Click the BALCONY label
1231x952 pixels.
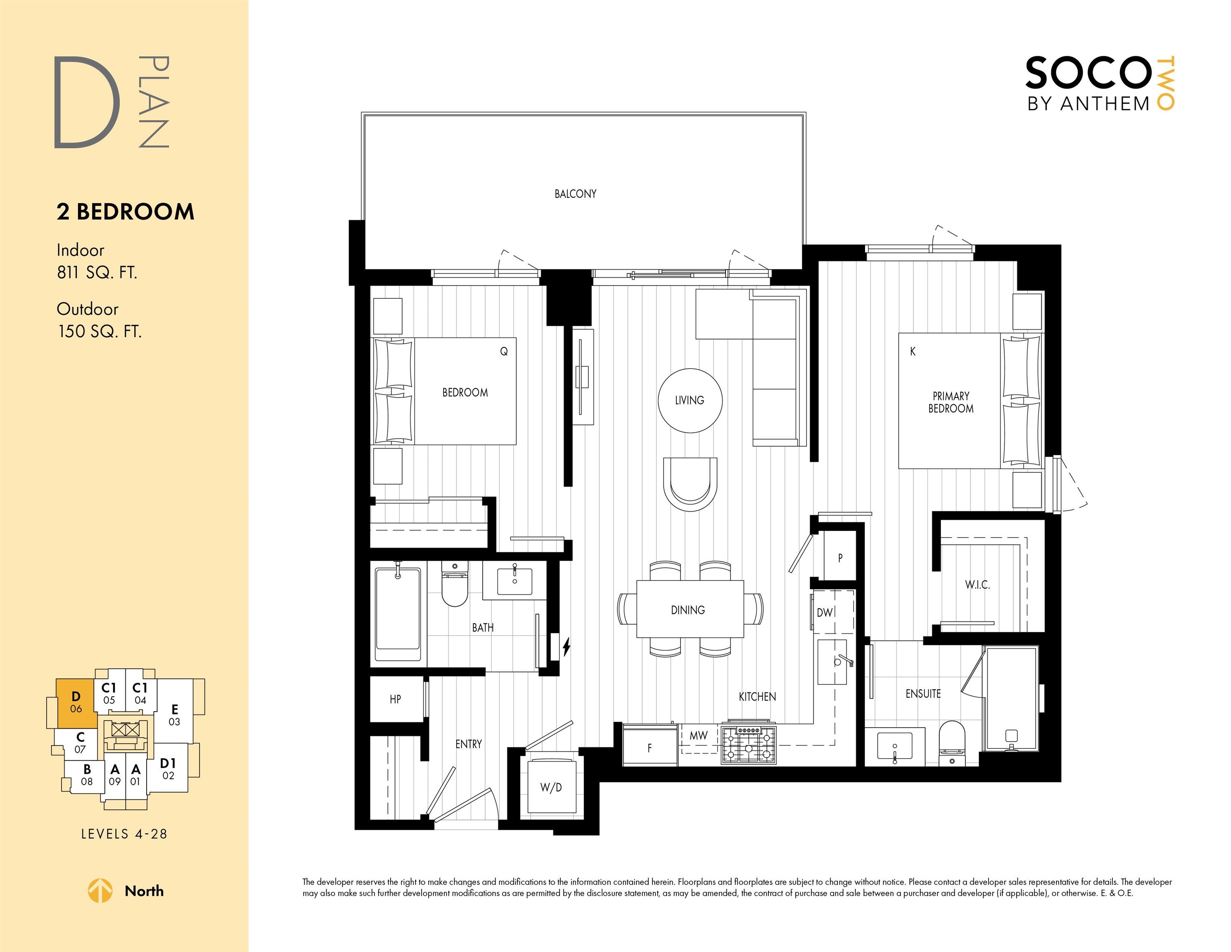(x=575, y=194)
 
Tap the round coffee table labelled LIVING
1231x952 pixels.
(x=690, y=400)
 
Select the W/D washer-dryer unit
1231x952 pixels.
(x=551, y=787)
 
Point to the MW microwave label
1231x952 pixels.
(x=698, y=735)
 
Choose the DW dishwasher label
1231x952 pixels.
(x=825, y=612)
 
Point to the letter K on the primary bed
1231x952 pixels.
(x=913, y=351)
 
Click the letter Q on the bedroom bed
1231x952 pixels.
(x=504, y=351)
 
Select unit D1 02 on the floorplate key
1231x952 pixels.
(x=168, y=768)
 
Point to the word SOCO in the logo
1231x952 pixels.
(x=1087, y=73)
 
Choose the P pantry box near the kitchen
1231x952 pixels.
(x=840, y=557)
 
